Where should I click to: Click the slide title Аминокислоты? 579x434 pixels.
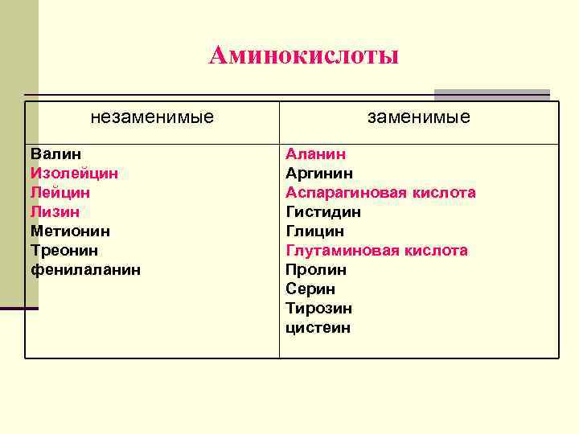click(303, 55)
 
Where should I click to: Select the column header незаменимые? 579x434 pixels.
click(152, 117)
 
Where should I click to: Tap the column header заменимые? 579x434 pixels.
click(419, 117)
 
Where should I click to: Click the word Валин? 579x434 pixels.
click(55, 154)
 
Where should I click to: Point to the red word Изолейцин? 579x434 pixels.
click(75, 173)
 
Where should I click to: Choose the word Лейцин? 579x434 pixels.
click(60, 193)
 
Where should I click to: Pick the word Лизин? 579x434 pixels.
click(55, 212)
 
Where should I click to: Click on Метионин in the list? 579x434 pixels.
click(71, 231)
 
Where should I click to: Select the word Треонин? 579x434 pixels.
click(64, 251)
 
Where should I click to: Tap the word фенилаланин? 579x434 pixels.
click(85, 270)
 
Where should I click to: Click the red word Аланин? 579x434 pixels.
click(315, 154)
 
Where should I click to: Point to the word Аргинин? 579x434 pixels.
click(319, 173)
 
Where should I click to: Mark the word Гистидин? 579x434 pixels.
click(323, 212)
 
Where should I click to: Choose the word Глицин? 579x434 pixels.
click(314, 231)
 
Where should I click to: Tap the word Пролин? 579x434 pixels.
click(316, 270)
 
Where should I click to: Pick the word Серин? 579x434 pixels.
click(310, 289)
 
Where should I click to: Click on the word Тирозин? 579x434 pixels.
click(318, 309)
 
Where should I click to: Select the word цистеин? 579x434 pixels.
click(318, 328)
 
